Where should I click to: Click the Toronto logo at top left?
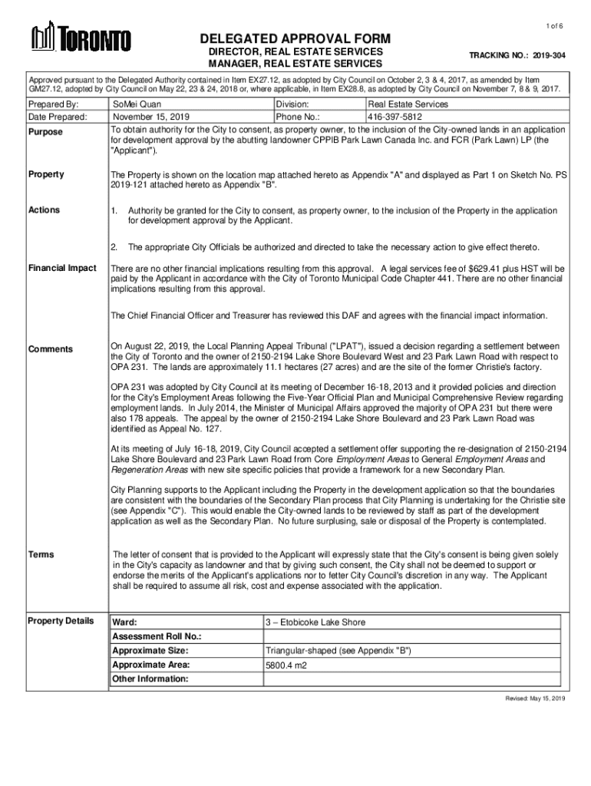point(80,38)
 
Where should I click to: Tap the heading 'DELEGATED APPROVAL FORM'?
point(295,38)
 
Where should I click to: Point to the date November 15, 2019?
point(150,117)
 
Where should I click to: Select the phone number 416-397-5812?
point(395,117)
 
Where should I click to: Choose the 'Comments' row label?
point(51,349)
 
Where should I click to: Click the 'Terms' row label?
point(41,553)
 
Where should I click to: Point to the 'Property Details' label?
point(61,620)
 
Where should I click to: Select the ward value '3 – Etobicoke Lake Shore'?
point(315,622)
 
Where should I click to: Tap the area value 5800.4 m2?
point(286,665)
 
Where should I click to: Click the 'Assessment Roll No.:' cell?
point(157,636)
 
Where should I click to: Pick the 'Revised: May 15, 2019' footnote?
point(534,699)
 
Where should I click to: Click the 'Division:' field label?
point(292,104)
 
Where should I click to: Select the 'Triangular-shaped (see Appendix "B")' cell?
point(338,651)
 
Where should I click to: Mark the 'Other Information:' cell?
point(150,679)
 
